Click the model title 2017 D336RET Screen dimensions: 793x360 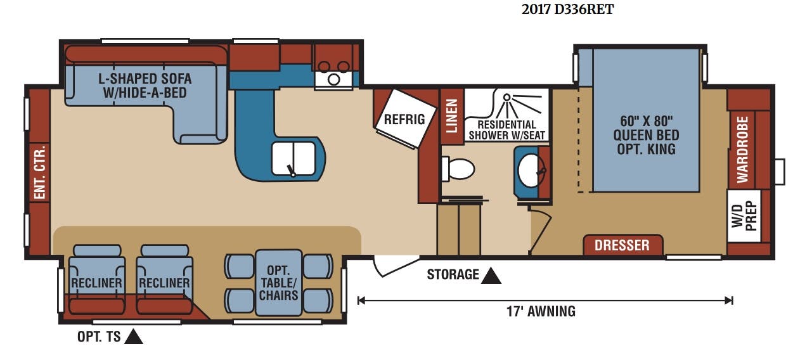click(x=567, y=10)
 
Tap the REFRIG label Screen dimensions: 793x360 click(x=404, y=120)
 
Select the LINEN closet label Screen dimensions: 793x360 click(x=452, y=116)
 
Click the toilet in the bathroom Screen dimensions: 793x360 click(x=458, y=169)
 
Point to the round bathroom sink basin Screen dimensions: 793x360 click(x=530, y=170)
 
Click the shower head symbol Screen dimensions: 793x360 click(x=507, y=97)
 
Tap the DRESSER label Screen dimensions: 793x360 click(x=622, y=245)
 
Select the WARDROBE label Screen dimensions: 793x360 click(x=742, y=150)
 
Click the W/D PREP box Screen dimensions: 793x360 click(x=744, y=216)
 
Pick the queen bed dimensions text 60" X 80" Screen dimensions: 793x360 click(x=646, y=122)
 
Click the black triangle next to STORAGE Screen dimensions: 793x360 click(x=490, y=276)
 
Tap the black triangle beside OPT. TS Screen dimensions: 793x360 click(x=134, y=337)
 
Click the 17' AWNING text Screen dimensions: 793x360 click(x=541, y=311)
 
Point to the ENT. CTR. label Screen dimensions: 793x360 click(x=40, y=172)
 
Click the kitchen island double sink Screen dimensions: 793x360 click(x=293, y=158)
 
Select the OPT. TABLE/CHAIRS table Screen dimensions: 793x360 click(x=279, y=283)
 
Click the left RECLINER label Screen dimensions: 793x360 click(x=96, y=283)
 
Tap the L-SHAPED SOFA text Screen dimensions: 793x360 click(x=145, y=79)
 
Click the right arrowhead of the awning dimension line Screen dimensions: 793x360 click(x=729, y=300)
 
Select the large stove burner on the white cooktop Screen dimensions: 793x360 click(x=333, y=80)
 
